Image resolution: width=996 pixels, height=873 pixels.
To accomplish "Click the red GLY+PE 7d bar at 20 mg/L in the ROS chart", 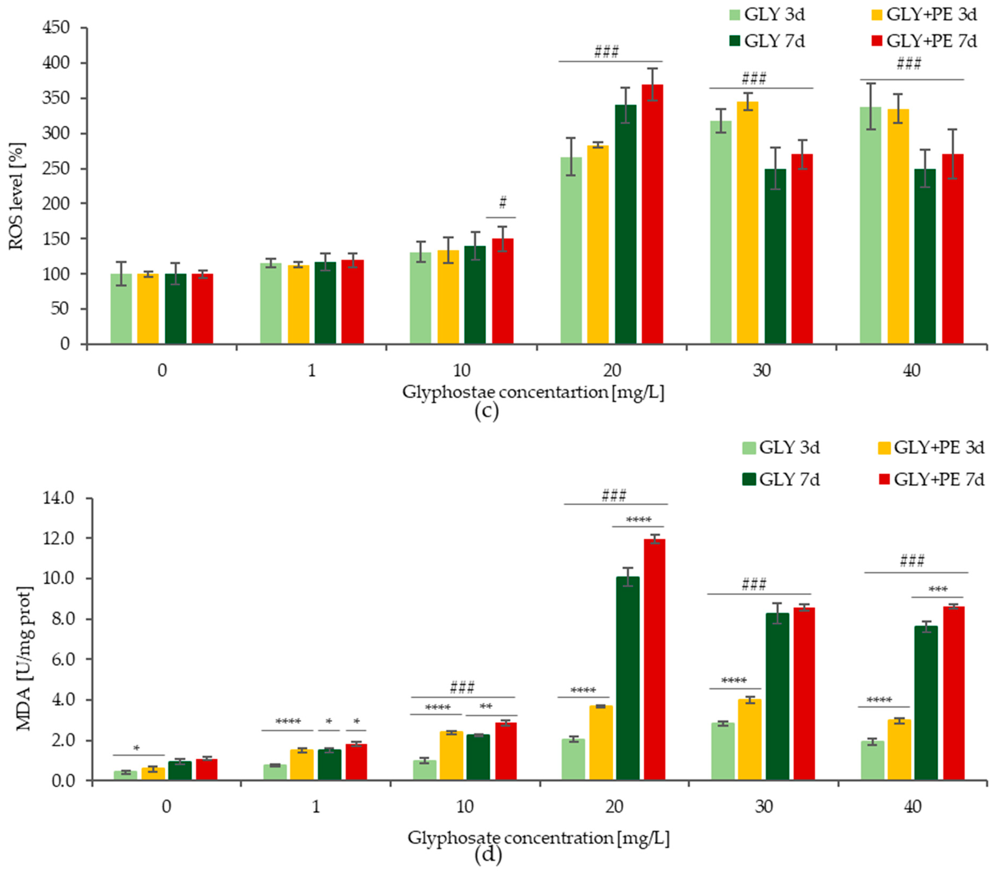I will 652,214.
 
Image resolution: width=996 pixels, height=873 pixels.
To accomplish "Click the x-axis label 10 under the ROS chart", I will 462,371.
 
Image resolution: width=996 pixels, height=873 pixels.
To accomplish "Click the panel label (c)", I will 486,412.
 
